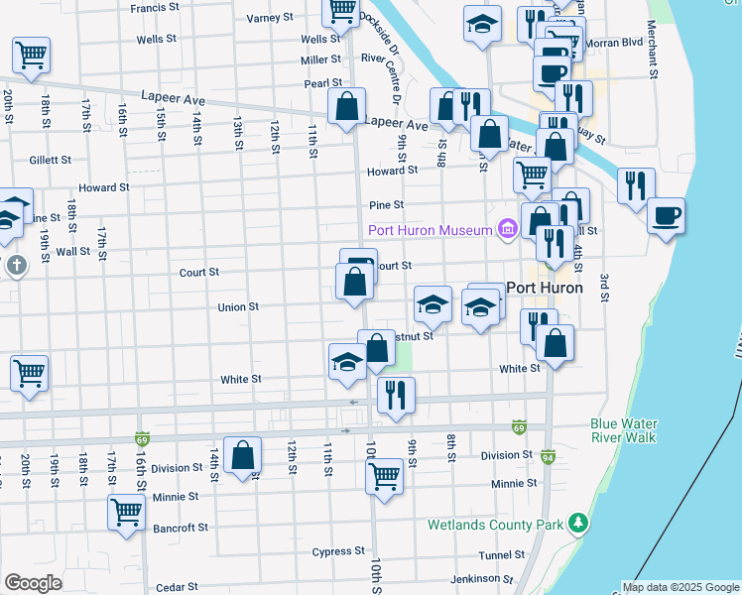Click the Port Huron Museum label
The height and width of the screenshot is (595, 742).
pyautogui.click(x=431, y=231)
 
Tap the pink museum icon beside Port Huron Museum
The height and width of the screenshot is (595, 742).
pyautogui.click(x=508, y=231)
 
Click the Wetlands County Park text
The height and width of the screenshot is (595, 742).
pyautogui.click(x=493, y=524)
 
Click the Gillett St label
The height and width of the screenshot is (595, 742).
pyautogui.click(x=51, y=160)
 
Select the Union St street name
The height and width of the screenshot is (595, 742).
pyautogui.click(x=238, y=307)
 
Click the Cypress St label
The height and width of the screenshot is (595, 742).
pyautogui.click(x=338, y=551)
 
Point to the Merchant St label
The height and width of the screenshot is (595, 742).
pyautogui.click(x=652, y=50)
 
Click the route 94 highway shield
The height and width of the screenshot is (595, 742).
pyautogui.click(x=548, y=457)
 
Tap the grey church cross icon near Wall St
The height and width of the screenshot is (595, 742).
pyautogui.click(x=16, y=266)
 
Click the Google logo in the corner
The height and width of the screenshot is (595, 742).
pyautogui.click(x=33, y=583)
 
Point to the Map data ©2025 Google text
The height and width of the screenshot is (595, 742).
pyautogui.click(x=680, y=587)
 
